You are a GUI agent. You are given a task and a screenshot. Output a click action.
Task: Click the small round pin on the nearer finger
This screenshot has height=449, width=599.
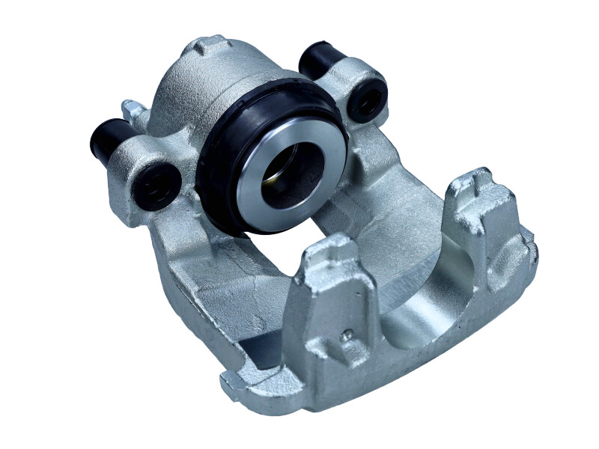(x=345, y=336)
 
